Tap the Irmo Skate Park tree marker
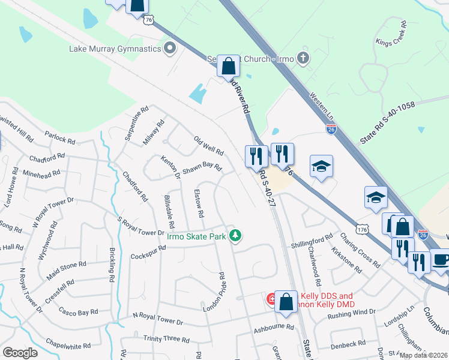[237, 236]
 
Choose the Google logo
[20, 352]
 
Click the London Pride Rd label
[214, 292]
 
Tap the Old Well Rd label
[208, 144]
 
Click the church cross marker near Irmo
[303, 58]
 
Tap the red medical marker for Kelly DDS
[272, 298]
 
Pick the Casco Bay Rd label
[78, 311]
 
